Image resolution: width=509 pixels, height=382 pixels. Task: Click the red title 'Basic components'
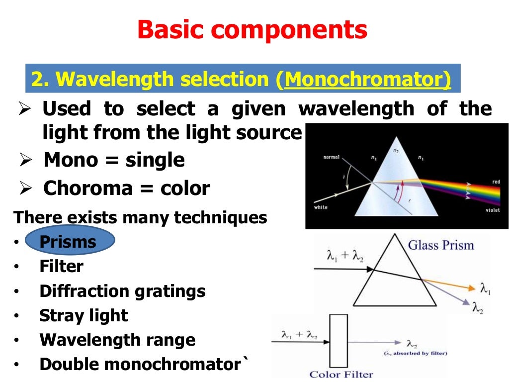coord(253,30)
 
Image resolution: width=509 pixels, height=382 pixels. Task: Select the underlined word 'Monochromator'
coord(368,80)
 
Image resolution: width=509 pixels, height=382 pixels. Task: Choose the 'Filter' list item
coord(61,267)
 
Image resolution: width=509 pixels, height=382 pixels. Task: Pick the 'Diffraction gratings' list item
coord(122,291)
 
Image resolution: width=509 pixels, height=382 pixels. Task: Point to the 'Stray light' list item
coord(84,315)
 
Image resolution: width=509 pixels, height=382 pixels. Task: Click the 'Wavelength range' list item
coord(117,340)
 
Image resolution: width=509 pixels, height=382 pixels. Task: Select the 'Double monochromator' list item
coord(140,365)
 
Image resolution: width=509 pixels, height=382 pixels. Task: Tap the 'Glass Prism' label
coord(441,245)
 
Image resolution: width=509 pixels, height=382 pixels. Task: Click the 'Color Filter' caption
coord(341,374)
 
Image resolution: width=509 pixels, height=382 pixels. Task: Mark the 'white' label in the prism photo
coord(321,207)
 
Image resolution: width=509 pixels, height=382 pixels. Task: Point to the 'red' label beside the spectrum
coord(496,182)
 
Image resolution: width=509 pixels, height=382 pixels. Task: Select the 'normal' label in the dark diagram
coord(331,157)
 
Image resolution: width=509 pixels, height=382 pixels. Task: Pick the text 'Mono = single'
coord(114,160)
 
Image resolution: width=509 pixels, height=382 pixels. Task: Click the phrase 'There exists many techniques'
coord(140,218)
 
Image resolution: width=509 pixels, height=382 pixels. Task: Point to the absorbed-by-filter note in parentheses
coord(415,354)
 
